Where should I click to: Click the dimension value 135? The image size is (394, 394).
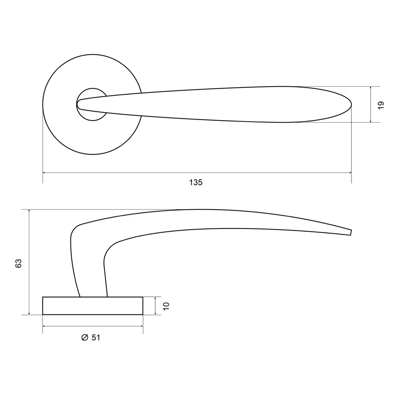[196, 182]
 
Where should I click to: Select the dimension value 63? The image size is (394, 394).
[19, 264]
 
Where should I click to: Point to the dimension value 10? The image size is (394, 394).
[165, 306]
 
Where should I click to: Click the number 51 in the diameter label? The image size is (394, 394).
[96, 338]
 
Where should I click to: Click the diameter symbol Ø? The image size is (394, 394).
[84, 338]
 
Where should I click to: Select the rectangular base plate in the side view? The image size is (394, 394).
[93, 306]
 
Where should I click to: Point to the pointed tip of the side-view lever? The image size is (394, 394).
[350, 232]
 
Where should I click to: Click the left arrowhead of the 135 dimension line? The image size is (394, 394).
[44, 173]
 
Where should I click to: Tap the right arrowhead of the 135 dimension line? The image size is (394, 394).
[350, 173]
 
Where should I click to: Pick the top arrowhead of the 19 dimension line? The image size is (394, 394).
[371, 88]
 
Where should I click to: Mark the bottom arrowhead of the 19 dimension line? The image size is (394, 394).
[371, 121]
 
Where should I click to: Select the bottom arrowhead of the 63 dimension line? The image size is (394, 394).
[29, 313]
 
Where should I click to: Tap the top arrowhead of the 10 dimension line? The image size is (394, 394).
[156, 298]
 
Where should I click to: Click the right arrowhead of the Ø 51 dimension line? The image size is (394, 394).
[141, 326]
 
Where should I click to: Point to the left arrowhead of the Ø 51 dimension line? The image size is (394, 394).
[44, 326]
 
